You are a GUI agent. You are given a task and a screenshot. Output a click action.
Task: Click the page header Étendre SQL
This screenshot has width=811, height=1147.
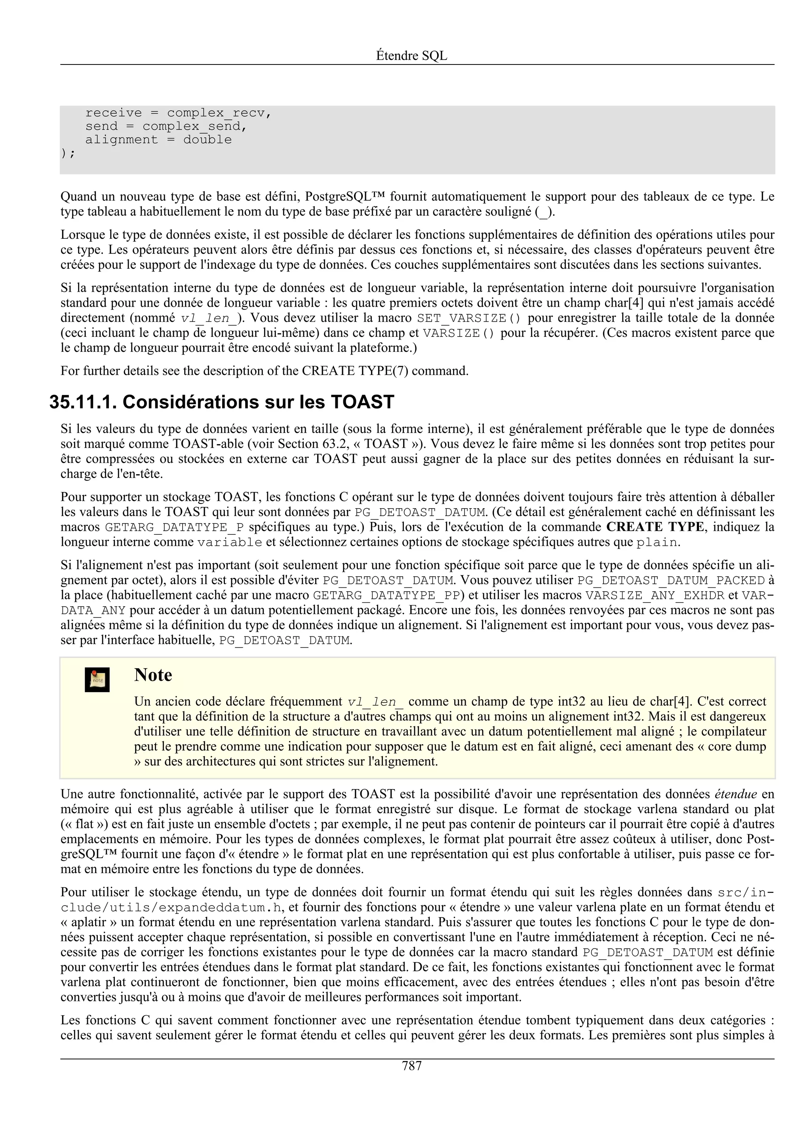(411, 56)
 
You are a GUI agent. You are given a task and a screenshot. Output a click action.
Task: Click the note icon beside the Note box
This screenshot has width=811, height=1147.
(97, 680)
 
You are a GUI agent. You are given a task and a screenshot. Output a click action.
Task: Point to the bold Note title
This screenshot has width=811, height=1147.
(153, 675)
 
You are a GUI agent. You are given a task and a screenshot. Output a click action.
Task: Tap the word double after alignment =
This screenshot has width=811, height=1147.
(208, 140)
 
